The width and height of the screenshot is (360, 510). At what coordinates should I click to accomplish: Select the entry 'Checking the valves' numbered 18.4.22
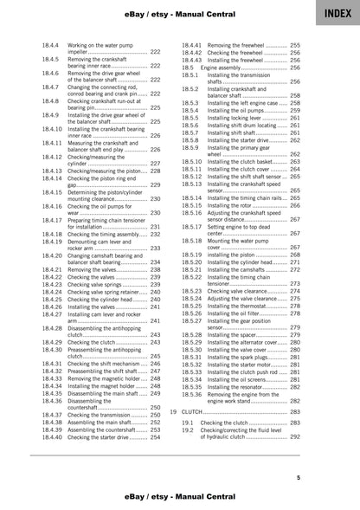[104, 276]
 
